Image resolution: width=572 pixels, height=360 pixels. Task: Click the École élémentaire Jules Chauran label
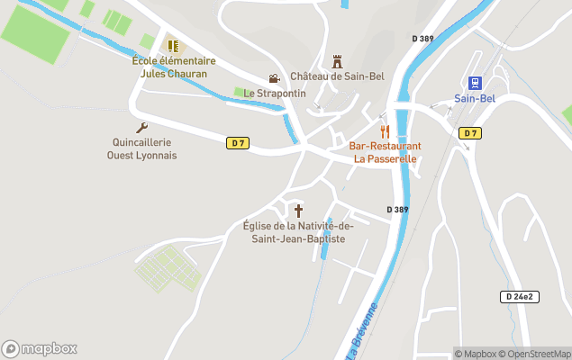(x=174, y=67)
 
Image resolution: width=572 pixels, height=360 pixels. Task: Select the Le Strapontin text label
(x=275, y=93)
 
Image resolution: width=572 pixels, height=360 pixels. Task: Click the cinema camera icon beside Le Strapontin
(x=274, y=79)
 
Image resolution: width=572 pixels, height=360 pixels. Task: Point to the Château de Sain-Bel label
(x=337, y=76)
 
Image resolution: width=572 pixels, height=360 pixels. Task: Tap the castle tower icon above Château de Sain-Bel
(x=339, y=61)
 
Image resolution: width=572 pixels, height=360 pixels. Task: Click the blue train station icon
(x=475, y=84)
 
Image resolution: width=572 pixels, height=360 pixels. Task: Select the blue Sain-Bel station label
(x=475, y=99)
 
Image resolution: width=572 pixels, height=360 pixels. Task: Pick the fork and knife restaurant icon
(x=385, y=131)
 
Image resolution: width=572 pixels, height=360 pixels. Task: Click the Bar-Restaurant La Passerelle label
(x=385, y=152)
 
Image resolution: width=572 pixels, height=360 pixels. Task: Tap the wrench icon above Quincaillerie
(x=141, y=128)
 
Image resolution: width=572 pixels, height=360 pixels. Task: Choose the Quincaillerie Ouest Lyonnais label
(x=141, y=148)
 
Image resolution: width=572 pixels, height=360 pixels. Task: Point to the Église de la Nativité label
(x=298, y=232)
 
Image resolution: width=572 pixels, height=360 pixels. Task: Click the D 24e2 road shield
(x=518, y=296)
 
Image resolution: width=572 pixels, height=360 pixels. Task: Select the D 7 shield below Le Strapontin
(x=237, y=142)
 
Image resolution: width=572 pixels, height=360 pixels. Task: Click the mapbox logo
(x=40, y=348)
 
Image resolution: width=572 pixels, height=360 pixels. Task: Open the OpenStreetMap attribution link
(x=538, y=354)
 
